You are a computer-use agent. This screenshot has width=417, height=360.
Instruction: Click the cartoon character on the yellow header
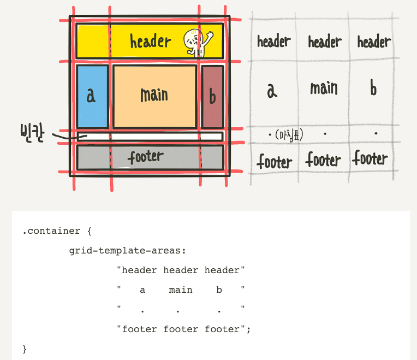pyautogui.click(x=197, y=42)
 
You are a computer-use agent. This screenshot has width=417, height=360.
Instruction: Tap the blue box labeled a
pyautogui.click(x=92, y=96)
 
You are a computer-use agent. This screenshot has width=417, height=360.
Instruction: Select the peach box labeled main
pyautogui.click(x=154, y=96)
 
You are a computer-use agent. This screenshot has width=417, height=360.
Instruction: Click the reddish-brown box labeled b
pyautogui.click(x=212, y=97)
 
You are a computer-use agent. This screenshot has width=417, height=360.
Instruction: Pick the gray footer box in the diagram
pyautogui.click(x=150, y=157)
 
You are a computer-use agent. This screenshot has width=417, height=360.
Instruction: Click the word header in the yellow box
pyautogui.click(x=150, y=41)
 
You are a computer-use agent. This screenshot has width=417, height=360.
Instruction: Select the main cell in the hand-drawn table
pyautogui.click(x=324, y=88)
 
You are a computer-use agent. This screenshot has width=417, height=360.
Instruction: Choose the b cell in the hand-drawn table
pyautogui.click(x=373, y=88)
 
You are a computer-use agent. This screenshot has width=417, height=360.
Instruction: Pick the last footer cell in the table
pyautogui.click(x=370, y=159)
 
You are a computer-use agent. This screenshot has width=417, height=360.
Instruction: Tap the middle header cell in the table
pyautogui.click(x=325, y=42)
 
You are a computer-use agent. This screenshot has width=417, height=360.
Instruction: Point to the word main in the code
pyautogui.click(x=181, y=290)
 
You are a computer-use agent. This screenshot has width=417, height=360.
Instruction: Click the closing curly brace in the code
pyautogui.click(x=25, y=349)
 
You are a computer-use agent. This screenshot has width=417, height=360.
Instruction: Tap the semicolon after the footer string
pyautogui.click(x=248, y=329)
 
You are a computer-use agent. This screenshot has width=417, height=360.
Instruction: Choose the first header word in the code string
pyautogui.click(x=139, y=270)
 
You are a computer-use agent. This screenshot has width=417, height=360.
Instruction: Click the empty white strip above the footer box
pyautogui.click(x=150, y=137)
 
